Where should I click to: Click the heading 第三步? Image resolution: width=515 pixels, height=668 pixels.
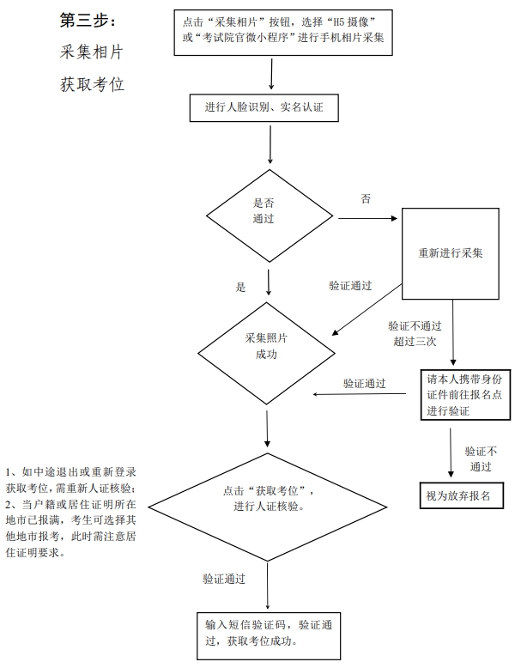(x=87, y=20)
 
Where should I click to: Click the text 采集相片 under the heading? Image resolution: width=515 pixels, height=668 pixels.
(x=92, y=52)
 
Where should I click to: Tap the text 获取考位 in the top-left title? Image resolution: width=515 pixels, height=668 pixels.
(x=92, y=84)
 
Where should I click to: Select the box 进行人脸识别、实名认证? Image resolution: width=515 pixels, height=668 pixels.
(x=264, y=108)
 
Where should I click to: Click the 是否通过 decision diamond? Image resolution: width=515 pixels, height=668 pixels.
(x=270, y=216)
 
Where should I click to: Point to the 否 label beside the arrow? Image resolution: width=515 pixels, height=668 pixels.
(x=366, y=198)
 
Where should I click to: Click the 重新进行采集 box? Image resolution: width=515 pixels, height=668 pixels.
(x=451, y=253)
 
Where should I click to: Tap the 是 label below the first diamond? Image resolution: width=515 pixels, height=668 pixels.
(x=240, y=287)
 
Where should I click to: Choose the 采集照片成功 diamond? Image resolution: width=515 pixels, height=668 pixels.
(x=267, y=353)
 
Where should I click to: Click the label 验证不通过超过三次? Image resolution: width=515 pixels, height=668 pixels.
(x=415, y=334)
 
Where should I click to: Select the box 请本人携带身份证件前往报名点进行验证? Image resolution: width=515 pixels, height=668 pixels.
(x=465, y=395)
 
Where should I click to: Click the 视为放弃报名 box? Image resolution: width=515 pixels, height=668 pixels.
(x=462, y=495)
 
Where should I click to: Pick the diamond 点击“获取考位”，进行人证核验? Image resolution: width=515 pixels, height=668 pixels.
(x=268, y=507)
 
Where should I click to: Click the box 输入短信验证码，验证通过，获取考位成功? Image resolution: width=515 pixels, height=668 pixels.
(x=269, y=635)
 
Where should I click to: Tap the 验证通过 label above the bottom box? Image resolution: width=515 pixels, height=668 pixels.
(x=224, y=579)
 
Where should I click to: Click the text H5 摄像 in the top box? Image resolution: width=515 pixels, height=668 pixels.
(x=350, y=22)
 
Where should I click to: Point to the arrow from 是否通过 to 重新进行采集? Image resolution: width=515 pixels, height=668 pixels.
(x=367, y=219)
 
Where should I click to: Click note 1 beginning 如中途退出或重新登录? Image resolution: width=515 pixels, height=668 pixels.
(x=70, y=480)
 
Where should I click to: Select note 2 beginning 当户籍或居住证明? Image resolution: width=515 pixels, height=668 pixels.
(x=70, y=528)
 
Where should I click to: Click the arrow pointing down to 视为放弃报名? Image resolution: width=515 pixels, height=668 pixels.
(x=451, y=452)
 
